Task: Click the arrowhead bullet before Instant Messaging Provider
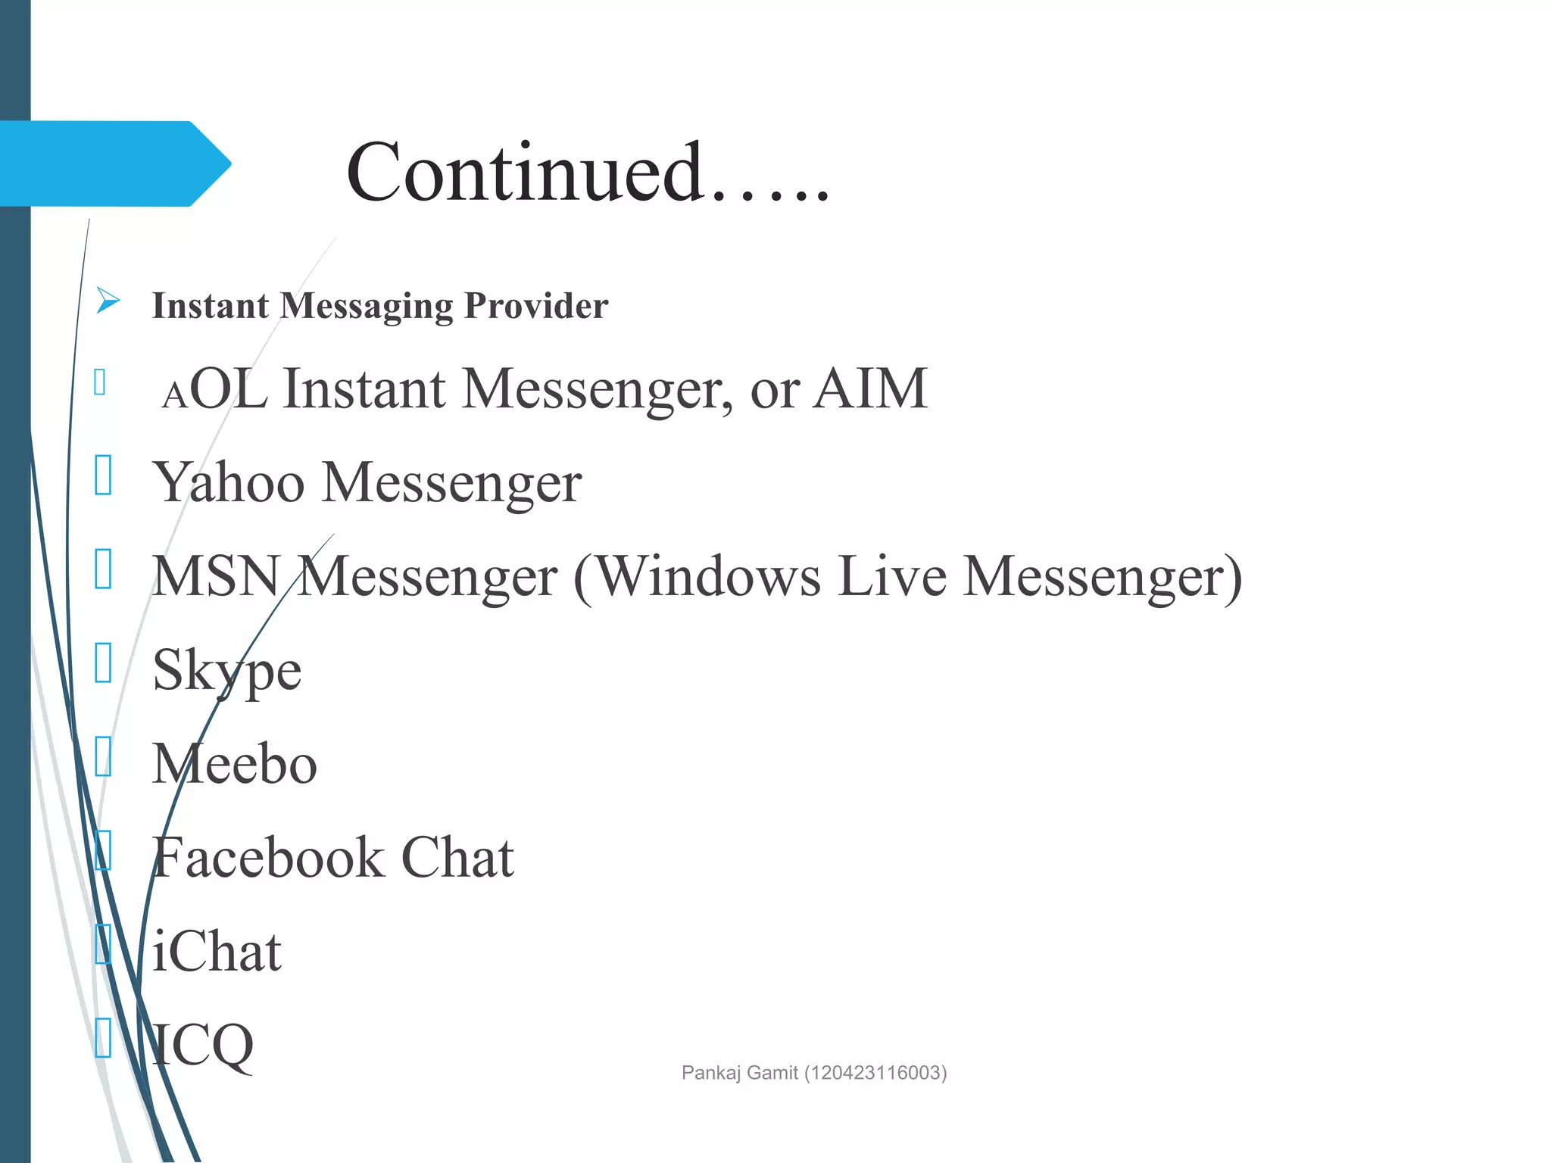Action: point(108,301)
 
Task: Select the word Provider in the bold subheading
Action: point(535,306)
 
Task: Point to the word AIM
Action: point(870,388)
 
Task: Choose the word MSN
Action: point(216,576)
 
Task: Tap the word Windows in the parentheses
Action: point(709,576)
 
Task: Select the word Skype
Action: point(226,671)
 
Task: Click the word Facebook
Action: point(268,858)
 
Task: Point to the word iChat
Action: point(217,952)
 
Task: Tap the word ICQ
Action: point(202,1046)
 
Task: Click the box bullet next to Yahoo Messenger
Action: point(104,475)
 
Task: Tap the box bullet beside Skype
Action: point(104,663)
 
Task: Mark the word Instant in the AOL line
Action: point(364,388)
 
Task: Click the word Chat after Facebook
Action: point(457,858)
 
